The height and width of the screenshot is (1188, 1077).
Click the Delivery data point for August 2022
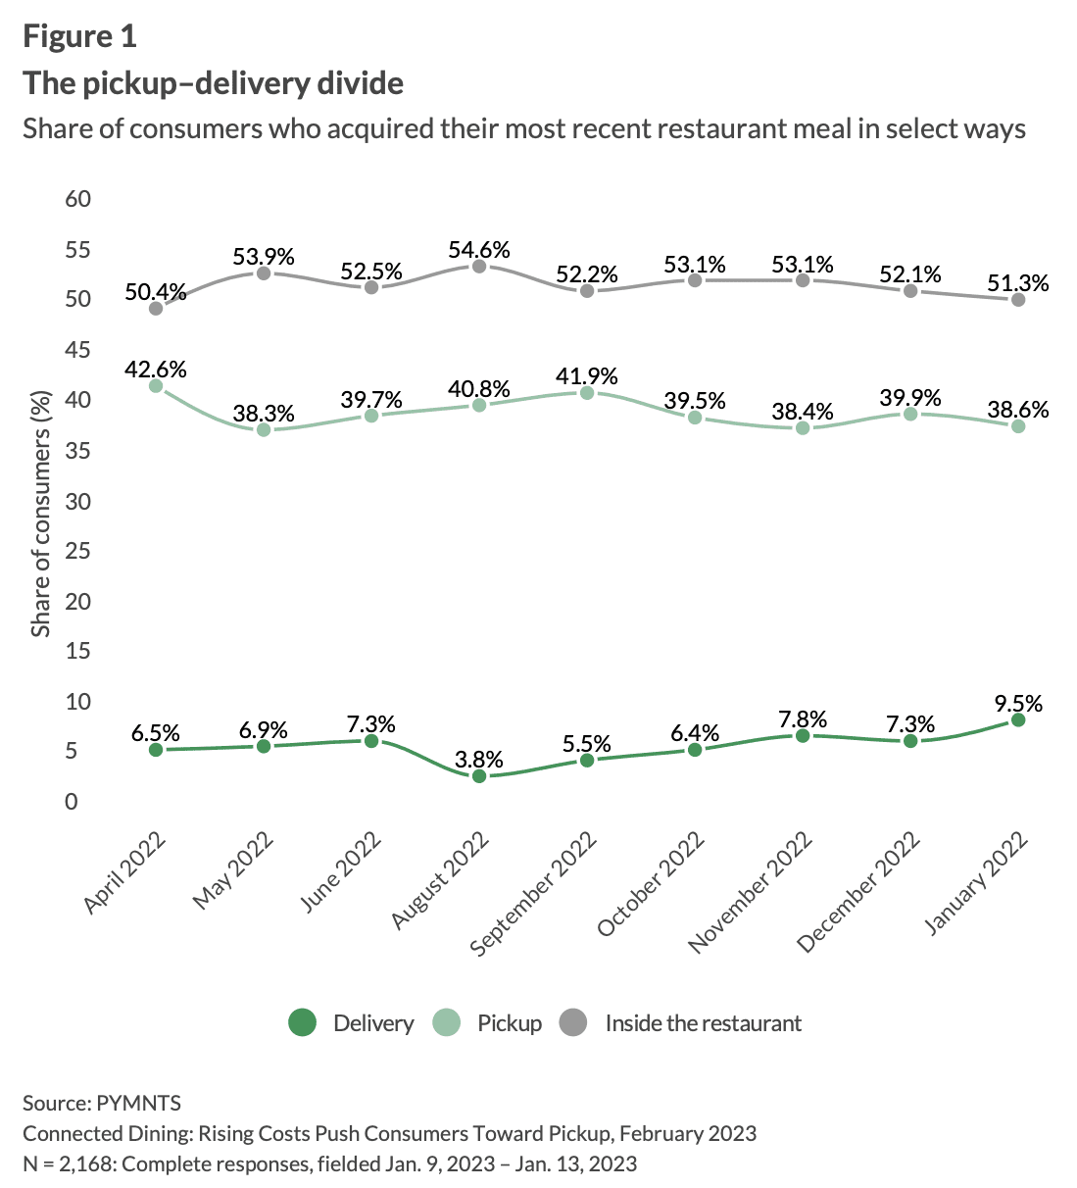(x=479, y=776)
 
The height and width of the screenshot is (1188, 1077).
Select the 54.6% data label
(x=479, y=250)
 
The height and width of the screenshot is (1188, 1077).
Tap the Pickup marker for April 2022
(x=156, y=386)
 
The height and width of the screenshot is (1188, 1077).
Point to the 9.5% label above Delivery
(x=1018, y=704)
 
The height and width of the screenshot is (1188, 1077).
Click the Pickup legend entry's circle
(x=446, y=1023)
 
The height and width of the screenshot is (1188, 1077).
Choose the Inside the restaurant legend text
(x=703, y=1023)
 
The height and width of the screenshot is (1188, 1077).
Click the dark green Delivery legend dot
(x=303, y=1023)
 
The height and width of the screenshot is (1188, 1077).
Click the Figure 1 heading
(x=79, y=36)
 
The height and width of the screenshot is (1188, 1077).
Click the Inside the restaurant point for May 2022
(x=264, y=272)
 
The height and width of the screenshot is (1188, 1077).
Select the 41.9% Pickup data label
(x=587, y=376)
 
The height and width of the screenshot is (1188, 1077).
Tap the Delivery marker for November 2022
(x=803, y=735)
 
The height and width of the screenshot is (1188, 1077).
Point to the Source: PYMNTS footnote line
(x=102, y=1103)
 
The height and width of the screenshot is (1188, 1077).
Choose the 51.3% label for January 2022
(x=1018, y=283)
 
